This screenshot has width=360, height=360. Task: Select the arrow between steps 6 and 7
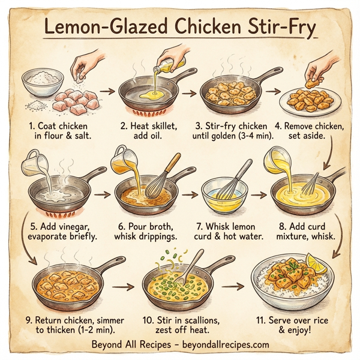tap(190, 195)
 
